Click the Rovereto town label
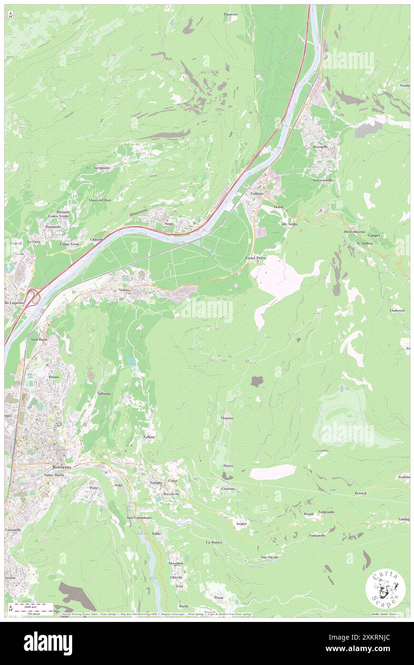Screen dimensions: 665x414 [62, 466]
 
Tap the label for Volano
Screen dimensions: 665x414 [121, 290]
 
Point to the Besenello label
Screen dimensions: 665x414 [320, 146]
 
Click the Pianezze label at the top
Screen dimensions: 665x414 [230, 14]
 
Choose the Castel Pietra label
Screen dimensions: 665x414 [256, 257]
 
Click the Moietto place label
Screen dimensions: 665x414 [227, 418]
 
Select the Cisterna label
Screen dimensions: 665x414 [228, 488]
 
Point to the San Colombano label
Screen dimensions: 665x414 [139, 518]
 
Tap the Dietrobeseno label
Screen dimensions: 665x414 [354, 231]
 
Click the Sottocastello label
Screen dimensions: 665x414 [323, 180]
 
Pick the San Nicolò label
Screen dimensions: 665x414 [269, 557]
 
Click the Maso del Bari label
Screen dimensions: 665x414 [99, 200]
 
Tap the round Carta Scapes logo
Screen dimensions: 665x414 [385, 588]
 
